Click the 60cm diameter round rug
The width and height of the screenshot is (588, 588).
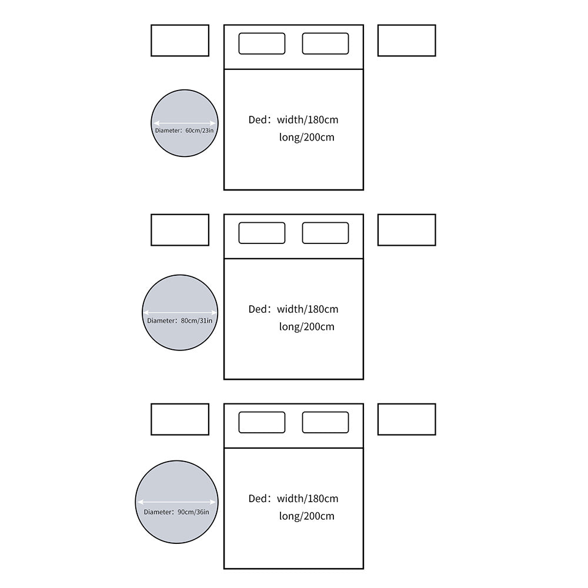point(185,109)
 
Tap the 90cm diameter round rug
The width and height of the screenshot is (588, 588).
point(176,484)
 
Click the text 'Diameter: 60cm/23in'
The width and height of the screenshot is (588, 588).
point(184,131)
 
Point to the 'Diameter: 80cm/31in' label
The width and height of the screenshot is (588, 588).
point(179,320)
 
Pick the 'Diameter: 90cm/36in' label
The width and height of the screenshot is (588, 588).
point(176,512)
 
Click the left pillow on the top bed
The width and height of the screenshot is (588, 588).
point(262,44)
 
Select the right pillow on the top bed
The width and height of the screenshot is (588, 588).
point(326,44)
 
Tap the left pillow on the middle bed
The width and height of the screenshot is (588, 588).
point(262,233)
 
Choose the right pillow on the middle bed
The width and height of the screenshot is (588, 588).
point(326,233)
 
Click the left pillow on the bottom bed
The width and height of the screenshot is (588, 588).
point(262,422)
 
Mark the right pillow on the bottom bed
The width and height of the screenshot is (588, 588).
point(326,422)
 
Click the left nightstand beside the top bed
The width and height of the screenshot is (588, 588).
point(180,41)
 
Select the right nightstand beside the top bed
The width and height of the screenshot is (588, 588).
point(407,41)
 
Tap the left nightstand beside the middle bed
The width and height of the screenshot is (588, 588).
point(180,230)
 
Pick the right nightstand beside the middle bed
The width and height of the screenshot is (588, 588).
point(407,230)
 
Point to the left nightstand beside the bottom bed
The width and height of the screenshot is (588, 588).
point(180,419)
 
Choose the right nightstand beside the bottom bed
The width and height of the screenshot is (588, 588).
point(407,419)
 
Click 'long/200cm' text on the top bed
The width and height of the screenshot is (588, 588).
point(307,137)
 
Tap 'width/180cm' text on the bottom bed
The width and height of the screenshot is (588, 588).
point(308,499)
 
